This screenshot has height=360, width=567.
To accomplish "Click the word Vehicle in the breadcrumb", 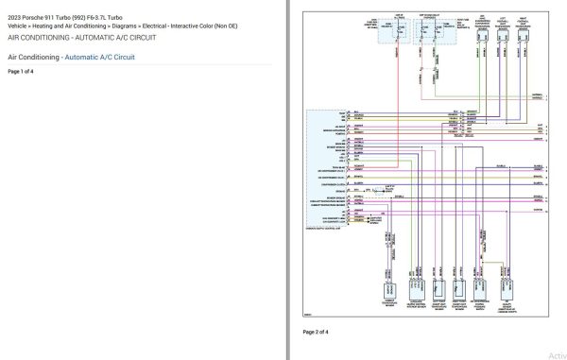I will pyautogui.click(x=19, y=27).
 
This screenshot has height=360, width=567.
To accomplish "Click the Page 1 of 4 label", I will pyautogui.click(x=20, y=72).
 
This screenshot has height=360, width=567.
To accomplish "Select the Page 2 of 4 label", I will pyautogui.click(x=316, y=333).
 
